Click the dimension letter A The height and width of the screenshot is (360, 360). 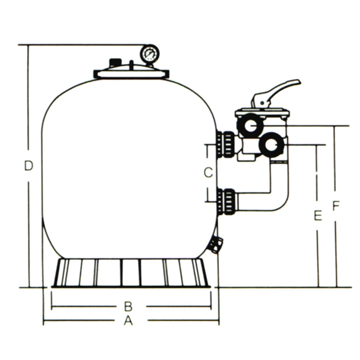(x=129, y=320)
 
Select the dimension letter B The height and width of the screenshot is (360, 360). (x=128, y=306)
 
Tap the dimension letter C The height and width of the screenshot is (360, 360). (x=208, y=172)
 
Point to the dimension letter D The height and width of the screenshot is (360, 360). (x=29, y=166)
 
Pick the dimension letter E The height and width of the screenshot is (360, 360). (x=318, y=216)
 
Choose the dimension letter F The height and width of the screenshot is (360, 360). (x=336, y=206)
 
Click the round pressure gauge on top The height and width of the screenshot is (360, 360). (x=149, y=54)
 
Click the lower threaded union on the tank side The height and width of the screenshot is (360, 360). (x=226, y=202)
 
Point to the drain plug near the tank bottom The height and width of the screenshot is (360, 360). (x=216, y=244)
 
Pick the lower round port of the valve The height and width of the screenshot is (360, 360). (x=271, y=144)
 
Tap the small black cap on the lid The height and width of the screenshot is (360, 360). (x=115, y=63)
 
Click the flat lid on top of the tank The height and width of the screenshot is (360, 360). (x=131, y=73)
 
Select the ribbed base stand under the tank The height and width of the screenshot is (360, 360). (x=130, y=273)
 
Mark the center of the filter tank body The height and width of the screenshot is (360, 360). (x=130, y=166)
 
